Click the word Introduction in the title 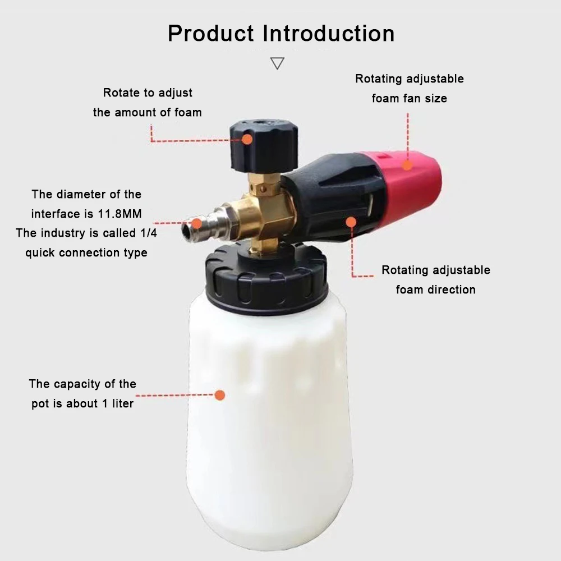329,34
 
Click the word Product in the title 211,34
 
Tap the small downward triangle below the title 277,63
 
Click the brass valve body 269,213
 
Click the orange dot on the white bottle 220,395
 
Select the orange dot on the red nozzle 408,165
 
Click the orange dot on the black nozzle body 351,222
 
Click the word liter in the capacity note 120,403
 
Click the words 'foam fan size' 410,98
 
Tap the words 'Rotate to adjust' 148,93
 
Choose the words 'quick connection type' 86,252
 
